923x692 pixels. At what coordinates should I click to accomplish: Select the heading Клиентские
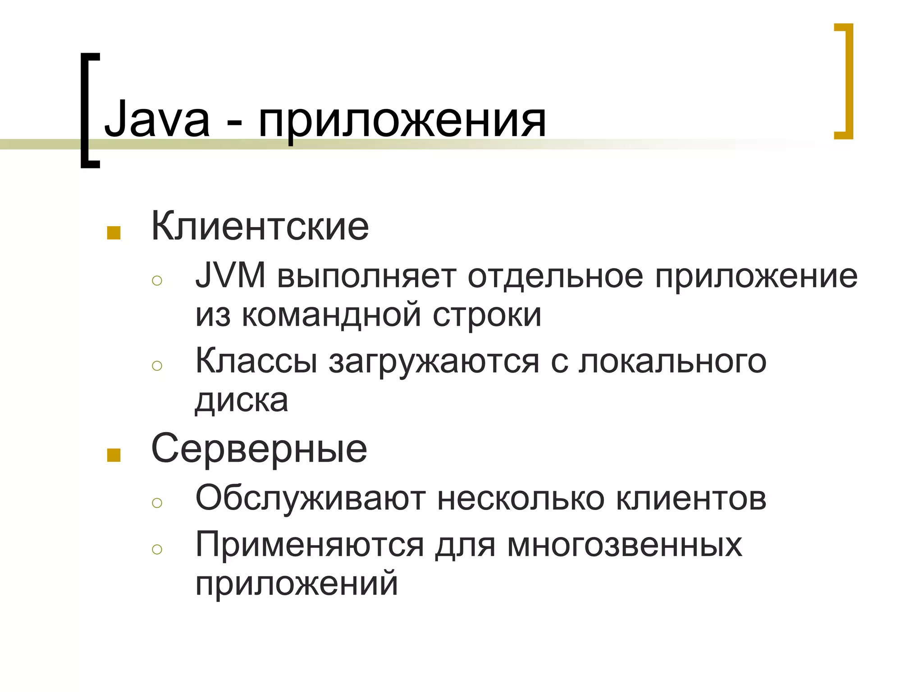coord(260,226)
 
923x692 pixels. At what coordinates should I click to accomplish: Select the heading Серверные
coord(259,449)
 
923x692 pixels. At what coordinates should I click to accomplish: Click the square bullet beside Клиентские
coord(114,232)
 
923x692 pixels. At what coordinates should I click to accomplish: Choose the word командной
coord(331,315)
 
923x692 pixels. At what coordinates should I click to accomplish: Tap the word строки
coord(487,315)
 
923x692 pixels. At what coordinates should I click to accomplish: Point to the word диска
coord(242,400)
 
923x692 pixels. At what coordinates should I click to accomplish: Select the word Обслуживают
coord(311,498)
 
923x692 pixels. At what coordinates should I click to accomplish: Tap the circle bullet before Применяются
coord(157,549)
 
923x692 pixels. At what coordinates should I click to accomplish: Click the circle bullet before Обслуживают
coord(157,502)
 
